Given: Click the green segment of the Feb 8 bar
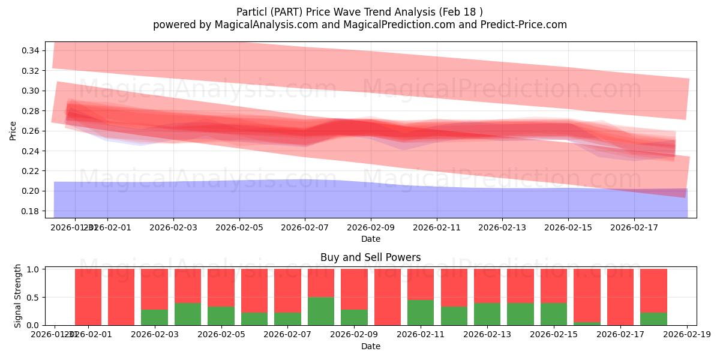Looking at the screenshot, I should [x=321, y=311].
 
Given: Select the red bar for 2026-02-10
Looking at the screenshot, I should [x=388, y=297].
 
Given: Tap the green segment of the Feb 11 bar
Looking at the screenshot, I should [x=421, y=313].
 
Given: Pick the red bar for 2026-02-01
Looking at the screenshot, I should [x=88, y=297].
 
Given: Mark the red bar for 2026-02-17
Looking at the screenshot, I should [x=620, y=297].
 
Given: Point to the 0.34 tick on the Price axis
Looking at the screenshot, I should [x=30, y=50].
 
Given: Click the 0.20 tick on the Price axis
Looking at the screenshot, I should [x=30, y=191].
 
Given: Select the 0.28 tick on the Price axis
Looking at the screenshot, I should [x=30, y=111].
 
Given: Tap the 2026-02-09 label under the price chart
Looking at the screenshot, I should [x=371, y=227].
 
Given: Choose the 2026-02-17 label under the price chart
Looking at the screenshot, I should [x=634, y=227].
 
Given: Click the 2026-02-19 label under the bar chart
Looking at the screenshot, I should [x=686, y=335].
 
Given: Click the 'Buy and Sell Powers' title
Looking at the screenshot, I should [x=370, y=257].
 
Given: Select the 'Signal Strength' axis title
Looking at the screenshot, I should [x=18, y=296].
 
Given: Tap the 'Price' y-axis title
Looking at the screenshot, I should [x=13, y=130].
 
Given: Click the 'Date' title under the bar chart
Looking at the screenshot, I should [x=370, y=346].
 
